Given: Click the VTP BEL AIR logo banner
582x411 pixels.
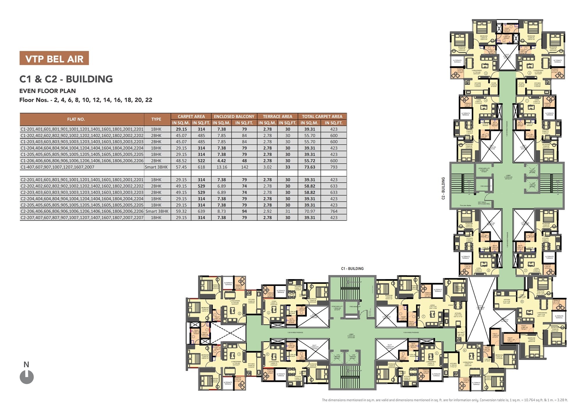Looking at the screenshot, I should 54,58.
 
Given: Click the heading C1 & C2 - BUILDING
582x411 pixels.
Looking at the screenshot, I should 66,79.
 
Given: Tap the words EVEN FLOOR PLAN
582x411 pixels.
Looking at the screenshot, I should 47,91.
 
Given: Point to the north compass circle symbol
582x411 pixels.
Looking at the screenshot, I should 27,377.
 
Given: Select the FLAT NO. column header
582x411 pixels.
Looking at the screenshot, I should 76,119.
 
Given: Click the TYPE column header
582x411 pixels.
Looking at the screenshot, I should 156,119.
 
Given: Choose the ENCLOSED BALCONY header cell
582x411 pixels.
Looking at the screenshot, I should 234,116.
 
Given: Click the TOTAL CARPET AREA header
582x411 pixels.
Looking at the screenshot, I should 322,116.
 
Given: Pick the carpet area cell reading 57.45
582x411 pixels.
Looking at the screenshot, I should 181,167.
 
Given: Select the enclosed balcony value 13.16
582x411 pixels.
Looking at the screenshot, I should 222,167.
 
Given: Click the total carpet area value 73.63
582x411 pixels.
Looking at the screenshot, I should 310,167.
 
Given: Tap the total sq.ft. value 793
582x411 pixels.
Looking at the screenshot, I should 334,167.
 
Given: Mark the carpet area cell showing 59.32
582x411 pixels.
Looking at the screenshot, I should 181,211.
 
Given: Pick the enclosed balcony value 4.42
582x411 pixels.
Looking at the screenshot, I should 222,161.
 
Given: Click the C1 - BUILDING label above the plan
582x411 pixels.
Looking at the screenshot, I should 352,269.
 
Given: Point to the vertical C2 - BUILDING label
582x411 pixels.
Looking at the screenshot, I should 443,188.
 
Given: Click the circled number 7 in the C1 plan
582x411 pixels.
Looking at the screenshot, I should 423,316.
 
